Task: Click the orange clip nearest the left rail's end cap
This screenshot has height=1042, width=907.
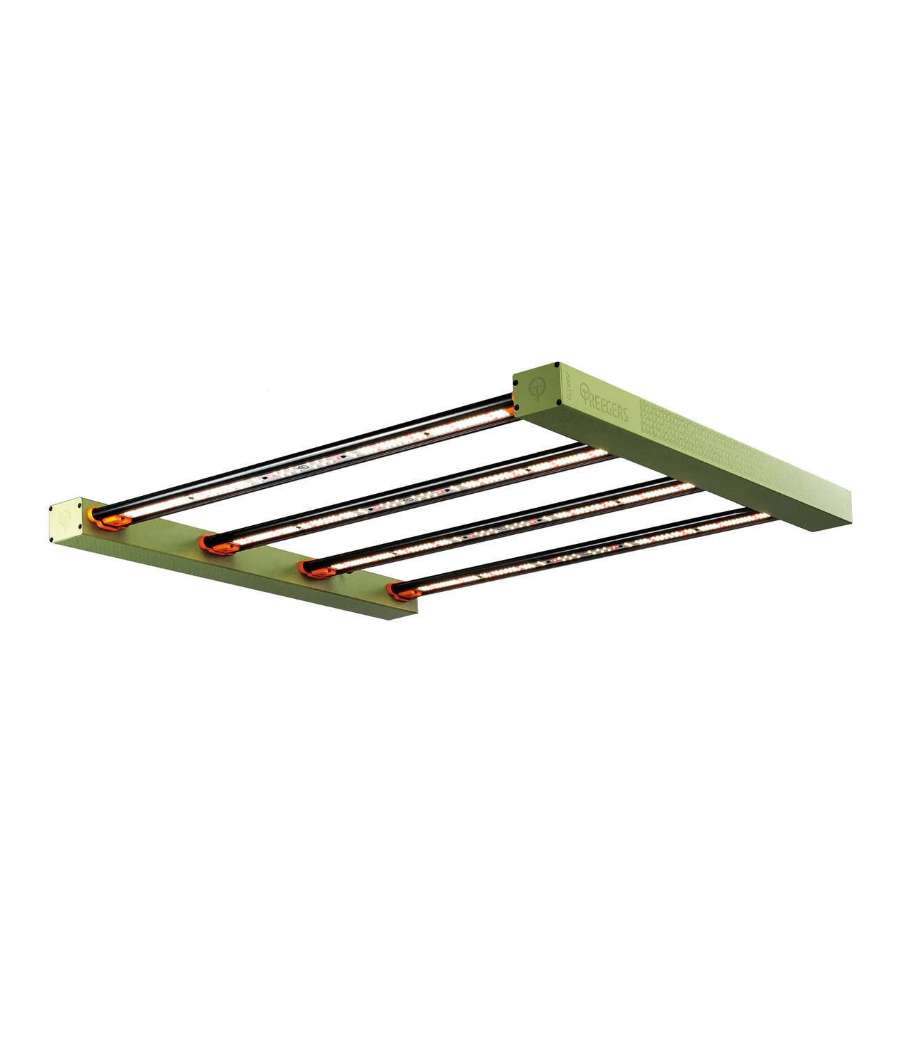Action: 105,519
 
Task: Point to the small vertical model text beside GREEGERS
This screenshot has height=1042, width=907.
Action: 567,395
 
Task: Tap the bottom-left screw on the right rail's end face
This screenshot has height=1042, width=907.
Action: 516,403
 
